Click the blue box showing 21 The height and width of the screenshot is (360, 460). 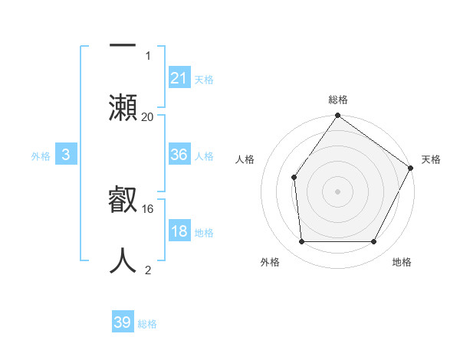[179, 77]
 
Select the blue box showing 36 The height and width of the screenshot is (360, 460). [179, 155]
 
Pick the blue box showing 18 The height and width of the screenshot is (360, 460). [179, 231]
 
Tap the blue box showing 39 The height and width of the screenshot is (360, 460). [123, 322]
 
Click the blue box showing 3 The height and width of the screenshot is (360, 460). [66, 155]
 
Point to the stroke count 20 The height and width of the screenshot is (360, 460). [147, 116]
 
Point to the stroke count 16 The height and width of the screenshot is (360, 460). [149, 208]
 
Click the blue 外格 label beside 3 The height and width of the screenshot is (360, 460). [41, 155]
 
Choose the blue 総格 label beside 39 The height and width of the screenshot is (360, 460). [147, 324]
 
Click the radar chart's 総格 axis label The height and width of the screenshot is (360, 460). [338, 100]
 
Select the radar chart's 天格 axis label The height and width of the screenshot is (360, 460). [431, 159]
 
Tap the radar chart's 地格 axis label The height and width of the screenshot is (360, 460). [402, 263]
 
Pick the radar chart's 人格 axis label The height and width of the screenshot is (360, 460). [245, 159]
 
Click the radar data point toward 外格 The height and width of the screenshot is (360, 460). [301, 242]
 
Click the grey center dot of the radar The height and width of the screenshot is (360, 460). [338, 191]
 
